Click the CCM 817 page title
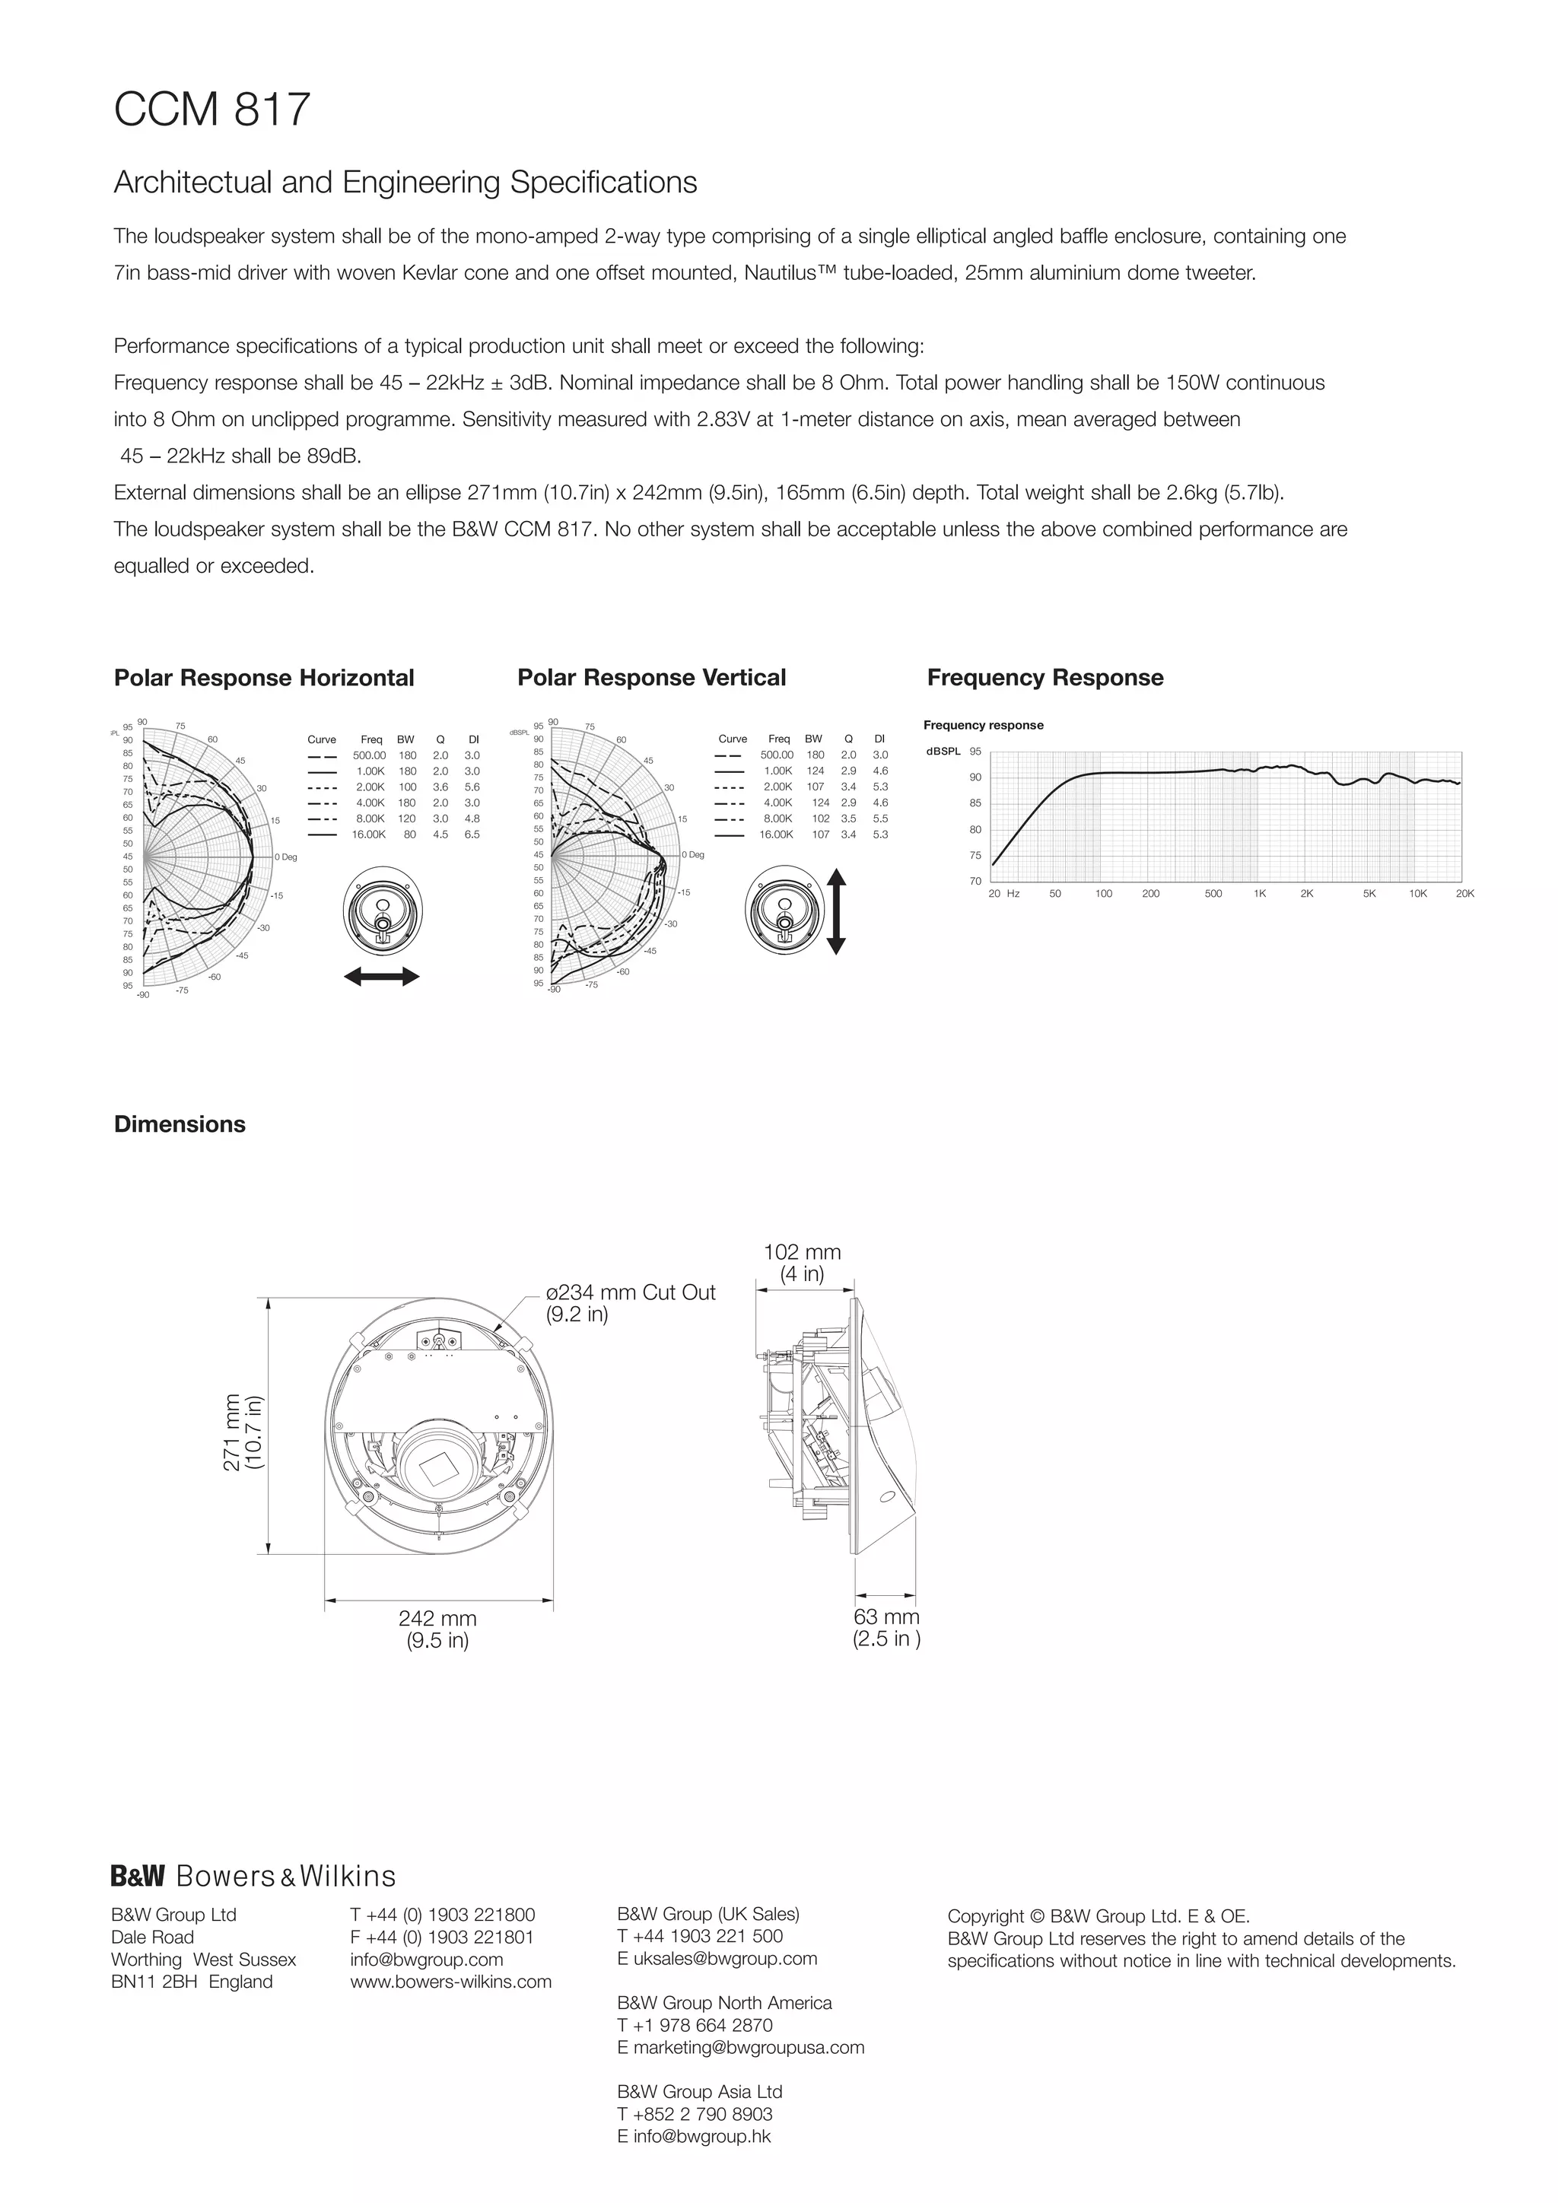click(212, 110)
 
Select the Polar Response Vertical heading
click(651, 677)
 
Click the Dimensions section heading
click(180, 1124)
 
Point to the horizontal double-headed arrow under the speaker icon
click(381, 977)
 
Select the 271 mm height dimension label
click(243, 1431)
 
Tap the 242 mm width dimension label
click(437, 1628)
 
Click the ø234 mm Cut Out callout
click(631, 1302)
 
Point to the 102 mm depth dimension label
click(802, 1263)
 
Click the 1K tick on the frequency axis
click(1260, 893)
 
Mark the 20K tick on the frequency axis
click(1464, 893)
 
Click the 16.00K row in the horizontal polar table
click(393, 834)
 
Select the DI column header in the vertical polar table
click(879, 739)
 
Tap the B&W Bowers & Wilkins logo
click(253, 1876)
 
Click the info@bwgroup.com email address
click(426, 1960)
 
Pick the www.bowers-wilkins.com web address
click(451, 1982)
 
